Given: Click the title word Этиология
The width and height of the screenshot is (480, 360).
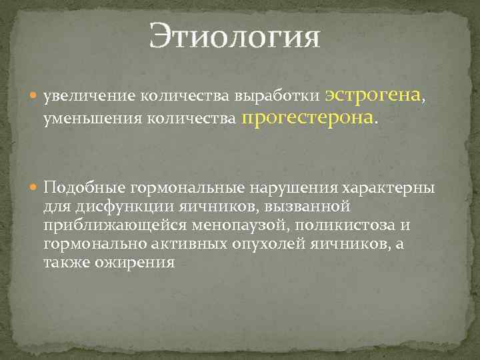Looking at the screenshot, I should (x=235, y=36).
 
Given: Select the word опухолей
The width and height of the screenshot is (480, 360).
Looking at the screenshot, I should (x=271, y=245).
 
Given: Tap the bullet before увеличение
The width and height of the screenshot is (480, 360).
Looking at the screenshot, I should (x=34, y=97).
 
